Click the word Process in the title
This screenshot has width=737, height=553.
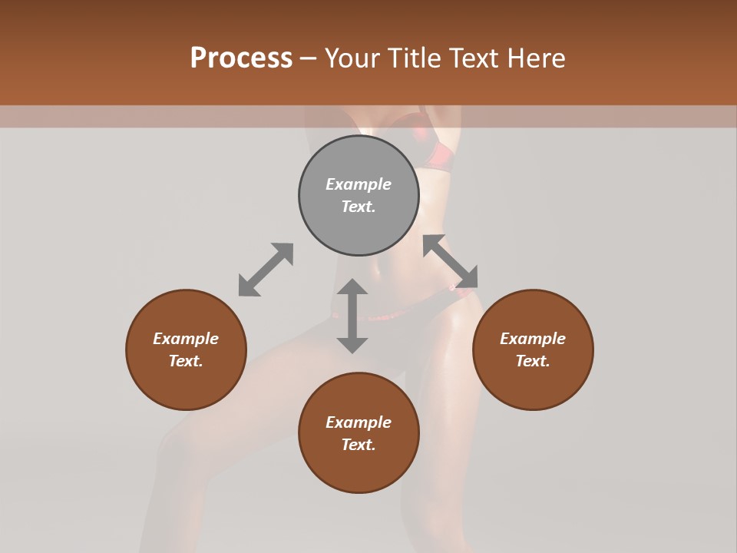point(241,58)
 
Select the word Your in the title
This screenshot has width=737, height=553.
point(352,58)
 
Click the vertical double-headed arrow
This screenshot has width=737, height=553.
point(352,316)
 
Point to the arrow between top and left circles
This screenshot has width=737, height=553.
point(266,270)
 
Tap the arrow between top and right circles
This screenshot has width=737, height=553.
point(451,261)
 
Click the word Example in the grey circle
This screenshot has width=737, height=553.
point(359,184)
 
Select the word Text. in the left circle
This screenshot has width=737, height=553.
point(186,361)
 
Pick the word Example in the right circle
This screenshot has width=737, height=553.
point(533,339)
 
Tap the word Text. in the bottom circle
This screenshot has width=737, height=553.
point(359,445)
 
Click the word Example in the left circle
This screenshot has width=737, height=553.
point(186,339)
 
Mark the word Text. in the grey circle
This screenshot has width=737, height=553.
point(359,207)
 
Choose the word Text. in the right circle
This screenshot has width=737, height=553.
point(533,361)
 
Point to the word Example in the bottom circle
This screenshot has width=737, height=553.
point(359,422)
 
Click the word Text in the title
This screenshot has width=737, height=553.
point(474,58)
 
